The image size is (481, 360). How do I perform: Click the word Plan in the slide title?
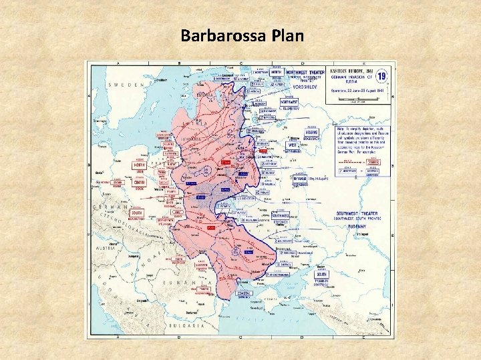285,35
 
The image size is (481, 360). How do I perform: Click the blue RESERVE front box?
312,133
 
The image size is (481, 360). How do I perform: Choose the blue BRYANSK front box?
299,179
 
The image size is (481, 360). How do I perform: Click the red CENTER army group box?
140,182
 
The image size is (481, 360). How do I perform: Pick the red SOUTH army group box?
138,213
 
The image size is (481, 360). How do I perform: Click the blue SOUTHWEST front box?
281,215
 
